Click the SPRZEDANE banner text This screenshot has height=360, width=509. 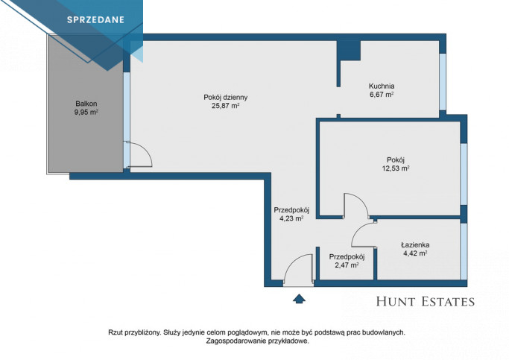[95, 20]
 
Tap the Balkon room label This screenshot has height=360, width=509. [86, 104]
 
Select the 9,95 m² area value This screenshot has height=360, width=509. [86, 113]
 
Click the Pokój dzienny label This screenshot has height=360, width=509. [226, 97]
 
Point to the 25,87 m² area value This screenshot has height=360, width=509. [226, 106]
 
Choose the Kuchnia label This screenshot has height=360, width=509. [382, 86]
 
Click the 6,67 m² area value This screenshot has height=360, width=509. [382, 95]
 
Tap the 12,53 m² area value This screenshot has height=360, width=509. [396, 168]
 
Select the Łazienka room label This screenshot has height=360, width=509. [415, 244]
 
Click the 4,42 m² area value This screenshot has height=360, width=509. [415, 253]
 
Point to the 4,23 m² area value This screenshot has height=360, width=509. [291, 218]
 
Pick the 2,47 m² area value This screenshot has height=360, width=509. [347, 265]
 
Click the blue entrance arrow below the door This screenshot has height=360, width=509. [299, 299]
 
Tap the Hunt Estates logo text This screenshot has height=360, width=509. [426, 302]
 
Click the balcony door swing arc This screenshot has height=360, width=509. [148, 151]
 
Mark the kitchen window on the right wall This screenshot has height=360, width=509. [443, 82]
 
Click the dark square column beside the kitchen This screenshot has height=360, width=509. [349, 51]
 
